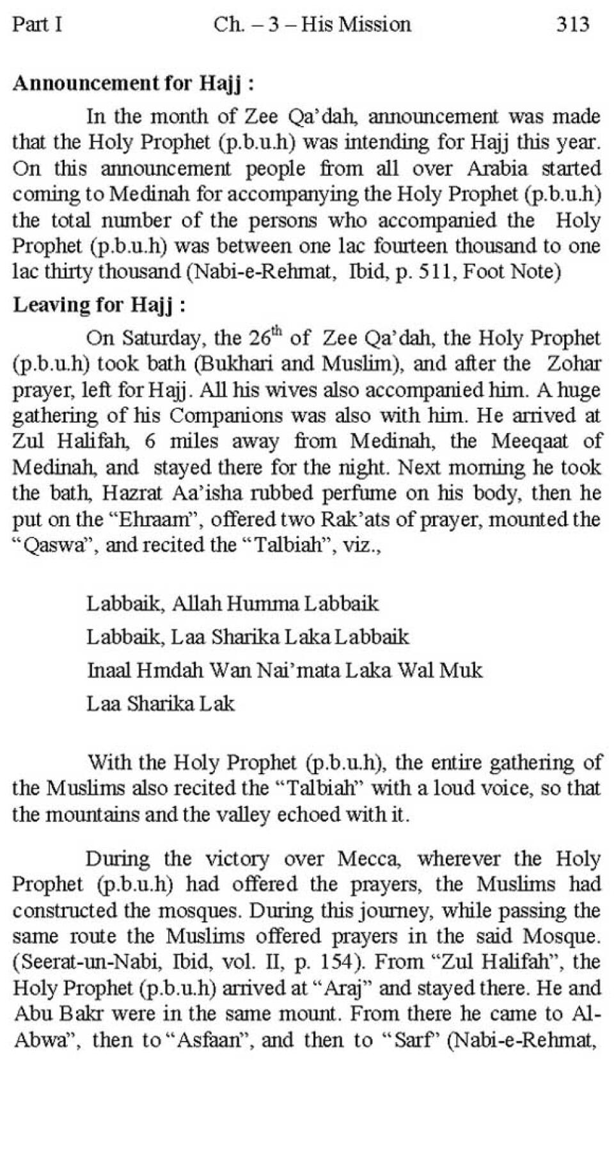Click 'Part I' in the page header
tap(37, 24)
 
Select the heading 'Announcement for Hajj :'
tap(134, 83)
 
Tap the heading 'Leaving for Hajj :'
tap(100, 305)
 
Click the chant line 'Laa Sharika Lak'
tap(161, 704)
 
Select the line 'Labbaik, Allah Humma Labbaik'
tap(232, 603)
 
